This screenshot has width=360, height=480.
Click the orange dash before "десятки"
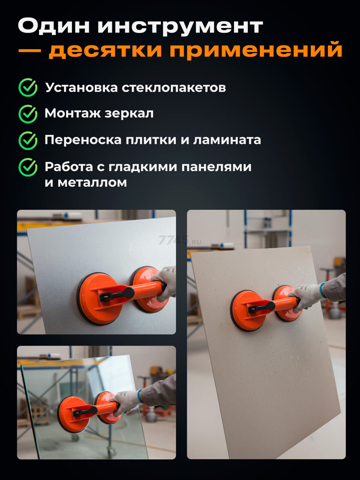coord(29,50)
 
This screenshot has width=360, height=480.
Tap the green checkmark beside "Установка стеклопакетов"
coord(28,88)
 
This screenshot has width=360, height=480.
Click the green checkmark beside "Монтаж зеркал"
coord(28,114)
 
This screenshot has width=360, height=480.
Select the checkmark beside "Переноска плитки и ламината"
coord(28,140)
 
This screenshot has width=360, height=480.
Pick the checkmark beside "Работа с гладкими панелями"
coord(28,167)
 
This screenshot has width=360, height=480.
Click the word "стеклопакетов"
coord(174,88)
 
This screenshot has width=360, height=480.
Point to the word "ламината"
coord(227,140)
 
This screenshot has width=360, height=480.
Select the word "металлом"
coord(92,182)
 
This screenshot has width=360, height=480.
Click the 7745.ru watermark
coord(179,240)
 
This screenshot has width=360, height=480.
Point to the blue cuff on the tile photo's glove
coord(322,290)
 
